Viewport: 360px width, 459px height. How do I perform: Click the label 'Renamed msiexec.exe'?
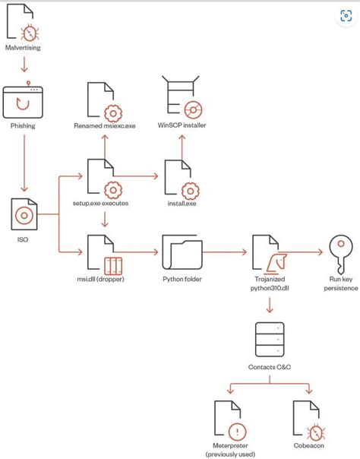pos(104,125)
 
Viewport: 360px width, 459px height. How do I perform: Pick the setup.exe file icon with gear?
pos(104,176)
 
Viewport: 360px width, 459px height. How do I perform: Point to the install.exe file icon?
pos(182,178)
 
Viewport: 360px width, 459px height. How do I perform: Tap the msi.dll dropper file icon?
pos(104,255)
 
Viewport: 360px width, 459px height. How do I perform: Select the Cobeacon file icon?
pos(309,419)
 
